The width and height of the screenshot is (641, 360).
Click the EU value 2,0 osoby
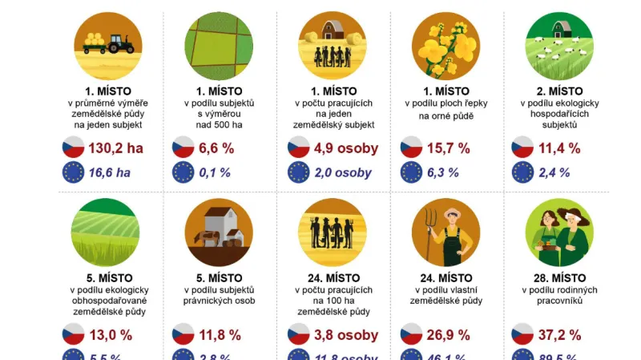point(343,172)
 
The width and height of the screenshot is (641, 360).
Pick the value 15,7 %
point(448,148)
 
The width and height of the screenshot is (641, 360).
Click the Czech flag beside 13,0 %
point(73,334)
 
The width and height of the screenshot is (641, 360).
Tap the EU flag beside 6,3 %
point(411,172)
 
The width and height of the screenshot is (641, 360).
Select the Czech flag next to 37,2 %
point(523,334)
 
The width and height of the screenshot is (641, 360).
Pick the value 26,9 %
point(448,334)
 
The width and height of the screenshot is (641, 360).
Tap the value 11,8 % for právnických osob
point(217,334)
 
